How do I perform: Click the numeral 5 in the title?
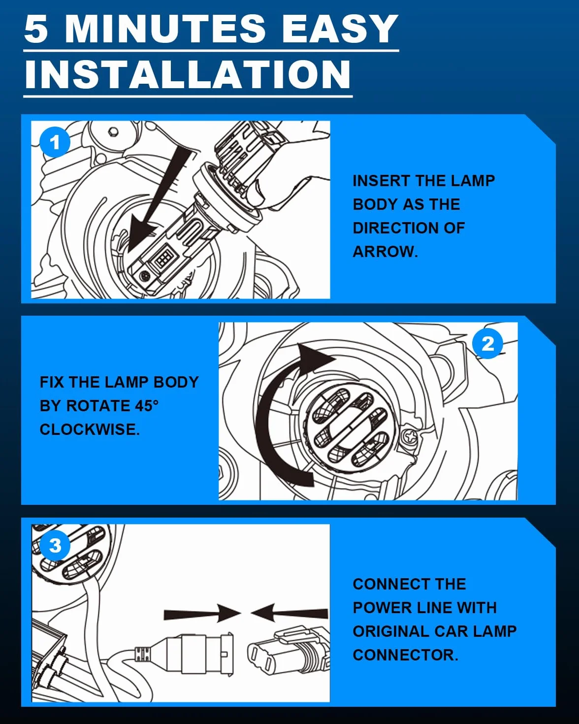36,29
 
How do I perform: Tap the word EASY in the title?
340,29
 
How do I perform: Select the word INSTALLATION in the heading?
188,74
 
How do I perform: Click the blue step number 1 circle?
55,142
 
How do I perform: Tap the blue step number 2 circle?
487,343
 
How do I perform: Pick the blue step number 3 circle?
55,545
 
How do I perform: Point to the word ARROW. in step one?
385,252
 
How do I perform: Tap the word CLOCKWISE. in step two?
90,429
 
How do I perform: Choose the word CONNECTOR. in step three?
405,655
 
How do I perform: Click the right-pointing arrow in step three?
202,613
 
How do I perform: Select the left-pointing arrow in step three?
289,613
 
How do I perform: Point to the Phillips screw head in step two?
411,437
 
